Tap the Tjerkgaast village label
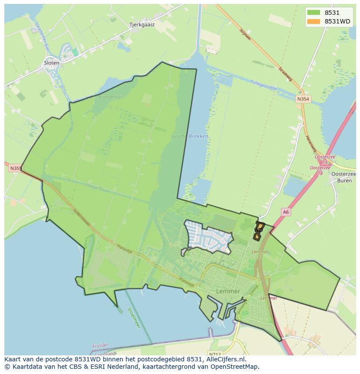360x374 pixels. point(142,25)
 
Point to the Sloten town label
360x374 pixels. point(51,63)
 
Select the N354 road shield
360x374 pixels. point(303,99)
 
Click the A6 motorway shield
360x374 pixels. point(285,212)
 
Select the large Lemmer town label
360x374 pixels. point(227,291)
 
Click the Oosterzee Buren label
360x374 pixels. point(343,177)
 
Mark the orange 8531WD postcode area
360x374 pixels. point(258,231)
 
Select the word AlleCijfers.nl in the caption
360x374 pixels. point(225,359)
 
